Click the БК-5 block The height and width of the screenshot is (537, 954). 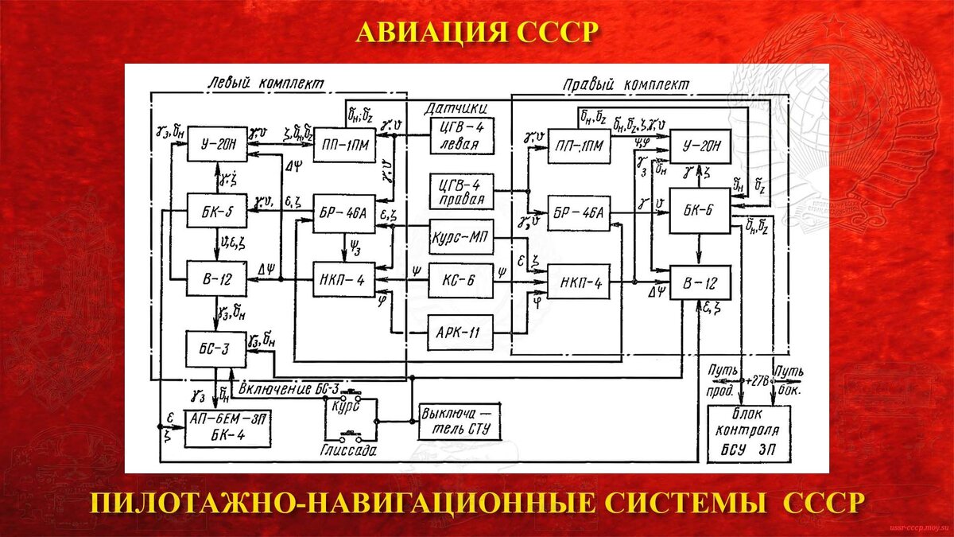217,212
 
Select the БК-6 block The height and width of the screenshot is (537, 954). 698,210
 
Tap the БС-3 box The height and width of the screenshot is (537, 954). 216,347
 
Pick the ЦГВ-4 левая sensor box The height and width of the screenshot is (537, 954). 461,137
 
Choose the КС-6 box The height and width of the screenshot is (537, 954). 461,280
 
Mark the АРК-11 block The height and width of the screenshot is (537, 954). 461,330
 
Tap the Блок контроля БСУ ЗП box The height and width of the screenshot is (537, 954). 750,434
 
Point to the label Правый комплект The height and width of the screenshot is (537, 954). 626,84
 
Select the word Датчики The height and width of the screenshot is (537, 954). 455,107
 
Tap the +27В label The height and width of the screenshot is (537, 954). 757,381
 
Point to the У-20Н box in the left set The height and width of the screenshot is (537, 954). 217,145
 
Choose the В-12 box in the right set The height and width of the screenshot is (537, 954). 698,282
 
